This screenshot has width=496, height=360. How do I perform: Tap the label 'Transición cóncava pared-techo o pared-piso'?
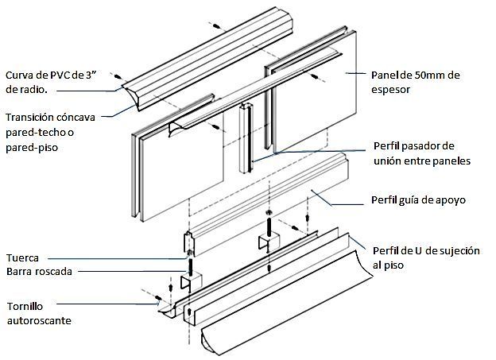(x=49, y=132)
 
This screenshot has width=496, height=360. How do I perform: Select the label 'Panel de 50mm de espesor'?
(x=415, y=83)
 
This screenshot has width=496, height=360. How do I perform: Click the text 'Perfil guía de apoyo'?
(x=418, y=199)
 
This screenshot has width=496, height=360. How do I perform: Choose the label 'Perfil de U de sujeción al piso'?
(x=425, y=257)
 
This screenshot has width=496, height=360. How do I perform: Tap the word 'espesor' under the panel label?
(x=391, y=91)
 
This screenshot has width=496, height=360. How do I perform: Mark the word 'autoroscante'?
(x=38, y=321)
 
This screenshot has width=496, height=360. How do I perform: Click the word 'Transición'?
(x=31, y=118)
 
